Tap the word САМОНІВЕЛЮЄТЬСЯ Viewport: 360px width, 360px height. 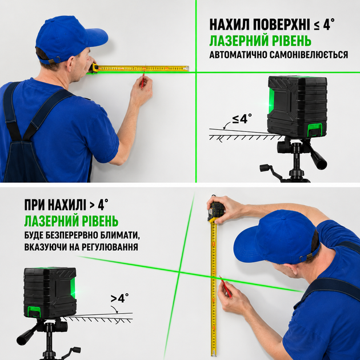(309, 55)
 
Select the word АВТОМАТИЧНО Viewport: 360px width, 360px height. (238, 55)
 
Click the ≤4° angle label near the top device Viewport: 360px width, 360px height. (242, 118)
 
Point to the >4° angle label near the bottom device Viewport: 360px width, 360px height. (119, 298)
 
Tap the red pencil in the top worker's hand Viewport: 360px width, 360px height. (143, 81)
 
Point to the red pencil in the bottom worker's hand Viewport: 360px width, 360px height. (226, 287)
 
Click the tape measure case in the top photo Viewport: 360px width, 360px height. (93, 68)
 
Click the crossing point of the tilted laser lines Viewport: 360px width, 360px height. (179, 272)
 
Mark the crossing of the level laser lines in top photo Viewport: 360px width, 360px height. (196, 73)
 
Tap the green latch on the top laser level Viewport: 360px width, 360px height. (315, 130)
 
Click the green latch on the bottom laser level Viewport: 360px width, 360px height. (34, 312)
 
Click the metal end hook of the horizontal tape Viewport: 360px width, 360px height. (187, 69)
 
